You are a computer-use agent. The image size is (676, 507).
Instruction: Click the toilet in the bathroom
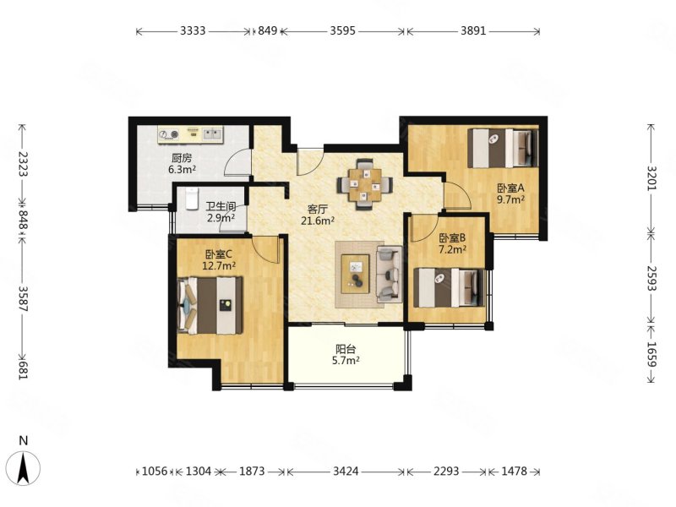(192, 199)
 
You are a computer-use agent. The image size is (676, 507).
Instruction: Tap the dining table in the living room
(365, 185)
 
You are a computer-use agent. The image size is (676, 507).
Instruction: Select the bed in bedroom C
(210, 305)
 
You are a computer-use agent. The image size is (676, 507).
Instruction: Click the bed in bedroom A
(503, 149)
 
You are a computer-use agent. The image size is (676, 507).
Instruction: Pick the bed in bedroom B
(450, 287)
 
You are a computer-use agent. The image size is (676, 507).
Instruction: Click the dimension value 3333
(193, 30)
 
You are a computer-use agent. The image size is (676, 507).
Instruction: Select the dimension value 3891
(473, 30)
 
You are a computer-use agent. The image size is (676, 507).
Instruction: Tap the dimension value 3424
(346, 472)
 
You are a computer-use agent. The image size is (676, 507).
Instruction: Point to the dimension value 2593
(651, 278)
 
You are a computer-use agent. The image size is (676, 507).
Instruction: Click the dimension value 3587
(24, 299)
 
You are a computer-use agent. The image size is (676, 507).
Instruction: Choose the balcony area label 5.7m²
(346, 361)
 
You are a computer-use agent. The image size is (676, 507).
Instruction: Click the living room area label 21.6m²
(319, 221)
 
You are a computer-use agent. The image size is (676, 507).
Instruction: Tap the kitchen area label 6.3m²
(183, 170)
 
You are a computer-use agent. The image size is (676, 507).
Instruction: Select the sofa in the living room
(390, 274)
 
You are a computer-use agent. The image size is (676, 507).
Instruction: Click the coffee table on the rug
(355, 274)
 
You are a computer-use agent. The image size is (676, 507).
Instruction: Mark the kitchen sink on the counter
(212, 134)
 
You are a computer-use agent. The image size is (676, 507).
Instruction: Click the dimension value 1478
(514, 472)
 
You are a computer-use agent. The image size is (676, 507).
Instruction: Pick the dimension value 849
(267, 30)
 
